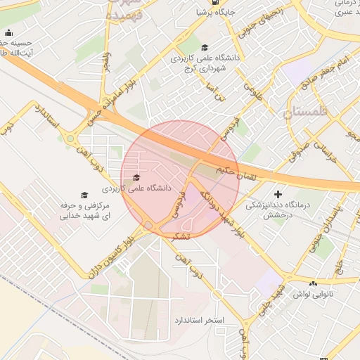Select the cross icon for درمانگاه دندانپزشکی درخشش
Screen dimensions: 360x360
pyautogui.click(x=278, y=193)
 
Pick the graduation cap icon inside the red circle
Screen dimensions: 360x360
pyautogui.click(x=136, y=177)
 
